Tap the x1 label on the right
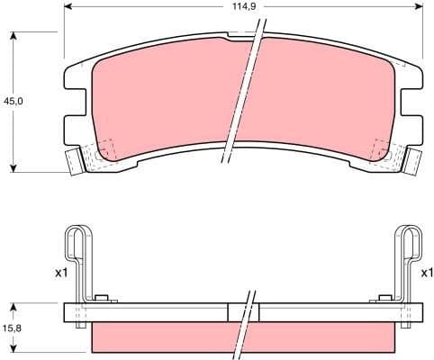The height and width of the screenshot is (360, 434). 427,271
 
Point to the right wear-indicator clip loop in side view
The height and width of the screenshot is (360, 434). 411,247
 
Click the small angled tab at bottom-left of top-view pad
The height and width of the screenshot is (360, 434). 73,163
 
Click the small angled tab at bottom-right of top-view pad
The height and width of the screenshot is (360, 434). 414,163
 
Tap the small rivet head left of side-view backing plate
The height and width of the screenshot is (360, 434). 102,300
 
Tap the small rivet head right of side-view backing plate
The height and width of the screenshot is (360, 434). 384,300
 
